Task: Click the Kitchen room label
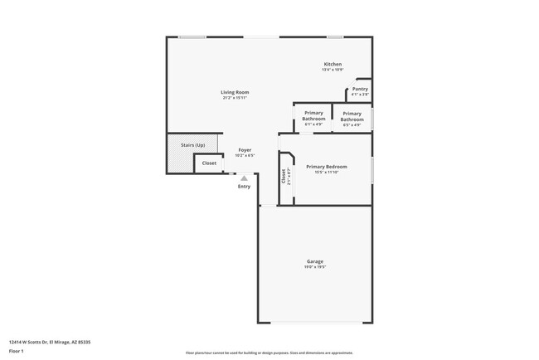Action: [333, 65]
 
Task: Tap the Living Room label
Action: [235, 92]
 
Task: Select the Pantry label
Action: [360, 89]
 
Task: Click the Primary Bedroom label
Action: [327, 167]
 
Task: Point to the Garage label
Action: [315, 261]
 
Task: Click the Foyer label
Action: [245, 150]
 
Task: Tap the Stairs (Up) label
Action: [193, 145]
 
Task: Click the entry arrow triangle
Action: [244, 178]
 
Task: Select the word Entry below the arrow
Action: [244, 186]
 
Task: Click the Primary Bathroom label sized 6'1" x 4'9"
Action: [313, 116]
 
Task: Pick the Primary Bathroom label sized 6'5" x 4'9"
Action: [352, 116]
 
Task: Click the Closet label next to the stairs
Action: [209, 163]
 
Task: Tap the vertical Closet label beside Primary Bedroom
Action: [284, 175]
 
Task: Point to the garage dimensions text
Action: [315, 267]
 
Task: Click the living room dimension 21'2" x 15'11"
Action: [235, 98]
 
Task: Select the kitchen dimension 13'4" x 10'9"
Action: [333, 70]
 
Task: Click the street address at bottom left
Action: [49, 341]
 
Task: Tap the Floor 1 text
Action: [16, 351]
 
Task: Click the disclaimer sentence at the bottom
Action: [269, 353]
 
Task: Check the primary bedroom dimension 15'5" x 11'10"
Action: [327, 173]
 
